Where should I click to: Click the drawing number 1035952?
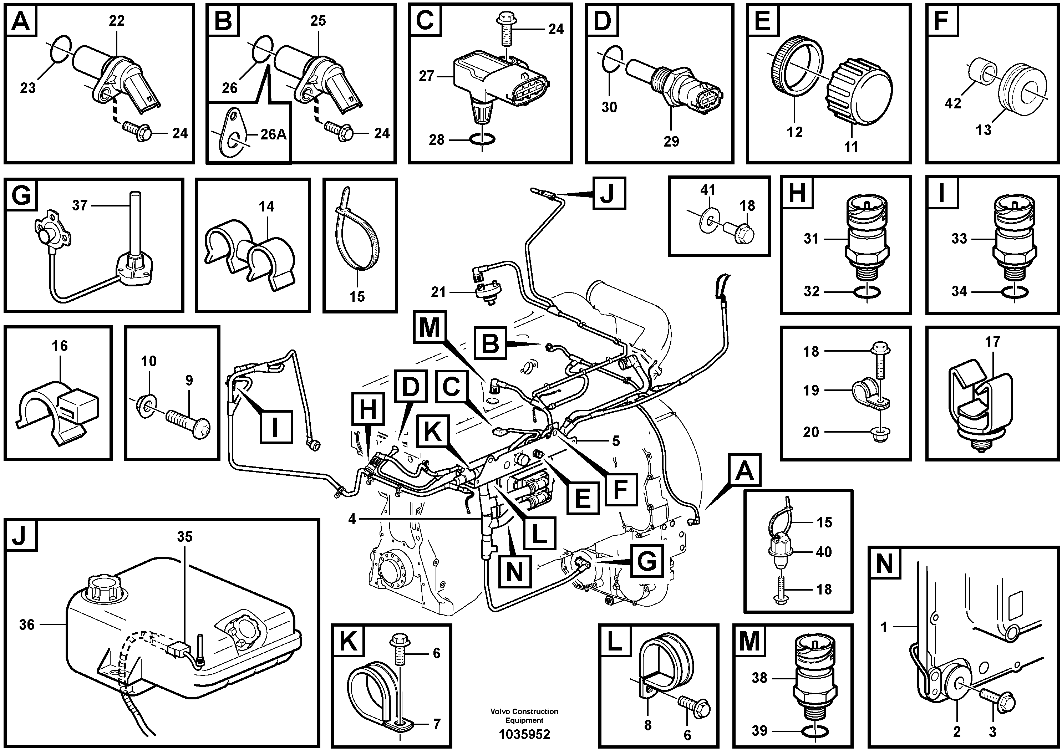[524, 734]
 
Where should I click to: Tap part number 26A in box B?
[273, 134]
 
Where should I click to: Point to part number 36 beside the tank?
[26, 625]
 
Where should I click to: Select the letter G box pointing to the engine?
[646, 561]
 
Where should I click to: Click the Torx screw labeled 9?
[189, 423]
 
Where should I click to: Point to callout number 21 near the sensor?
[438, 292]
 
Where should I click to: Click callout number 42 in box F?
[953, 103]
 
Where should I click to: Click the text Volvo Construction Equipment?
[524, 715]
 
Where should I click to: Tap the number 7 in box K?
[437, 724]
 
